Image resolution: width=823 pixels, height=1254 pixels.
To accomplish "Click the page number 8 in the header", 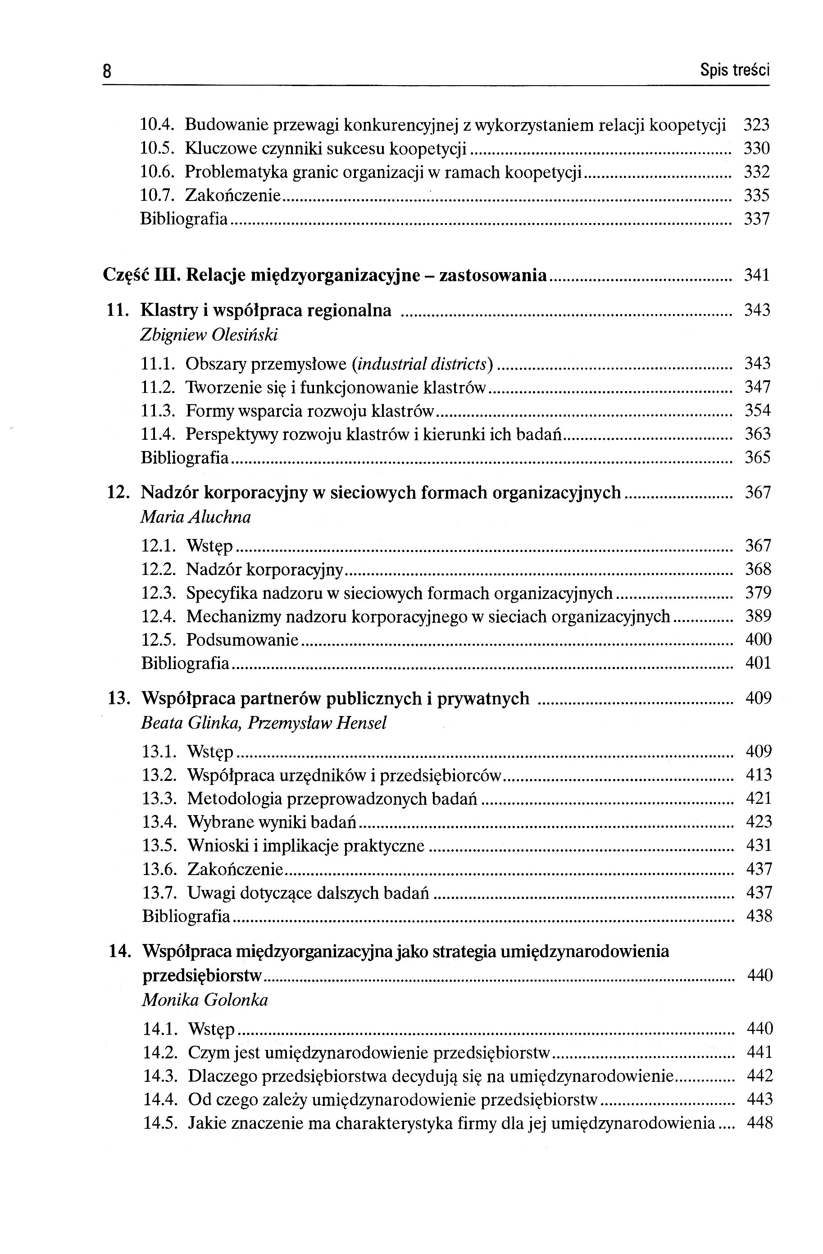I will click(107, 71).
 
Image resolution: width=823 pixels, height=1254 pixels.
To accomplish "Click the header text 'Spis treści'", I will click(734, 69).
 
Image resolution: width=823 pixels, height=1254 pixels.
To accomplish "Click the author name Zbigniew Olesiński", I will click(209, 335).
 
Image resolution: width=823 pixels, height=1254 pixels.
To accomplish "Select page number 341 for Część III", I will click(757, 274).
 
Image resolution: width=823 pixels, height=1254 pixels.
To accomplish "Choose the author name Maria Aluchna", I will click(196, 517).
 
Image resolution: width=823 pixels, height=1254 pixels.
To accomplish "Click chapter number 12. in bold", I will click(118, 492).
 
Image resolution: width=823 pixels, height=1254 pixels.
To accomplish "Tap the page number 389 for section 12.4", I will click(758, 616).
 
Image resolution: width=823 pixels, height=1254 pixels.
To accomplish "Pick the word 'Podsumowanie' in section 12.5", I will click(242, 640).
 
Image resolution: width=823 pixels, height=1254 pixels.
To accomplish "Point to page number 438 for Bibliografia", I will click(759, 916).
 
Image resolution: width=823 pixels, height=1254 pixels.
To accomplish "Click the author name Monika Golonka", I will click(205, 1000).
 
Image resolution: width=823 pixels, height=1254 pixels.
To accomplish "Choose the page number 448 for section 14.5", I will click(759, 1123).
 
